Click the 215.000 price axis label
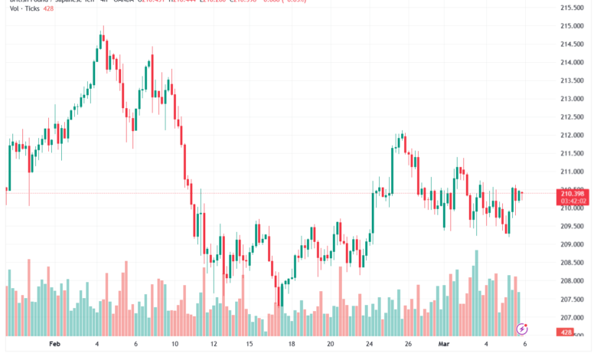tap(573, 26)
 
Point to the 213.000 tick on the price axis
tap(573, 99)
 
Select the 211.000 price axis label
tap(573, 172)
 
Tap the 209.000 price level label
tap(573, 244)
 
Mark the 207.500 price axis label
tap(573, 299)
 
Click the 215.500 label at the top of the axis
tap(573, 8)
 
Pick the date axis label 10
tap(175, 345)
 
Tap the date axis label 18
tap(292, 345)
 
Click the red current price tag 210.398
tap(573, 194)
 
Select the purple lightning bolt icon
tap(522, 329)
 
